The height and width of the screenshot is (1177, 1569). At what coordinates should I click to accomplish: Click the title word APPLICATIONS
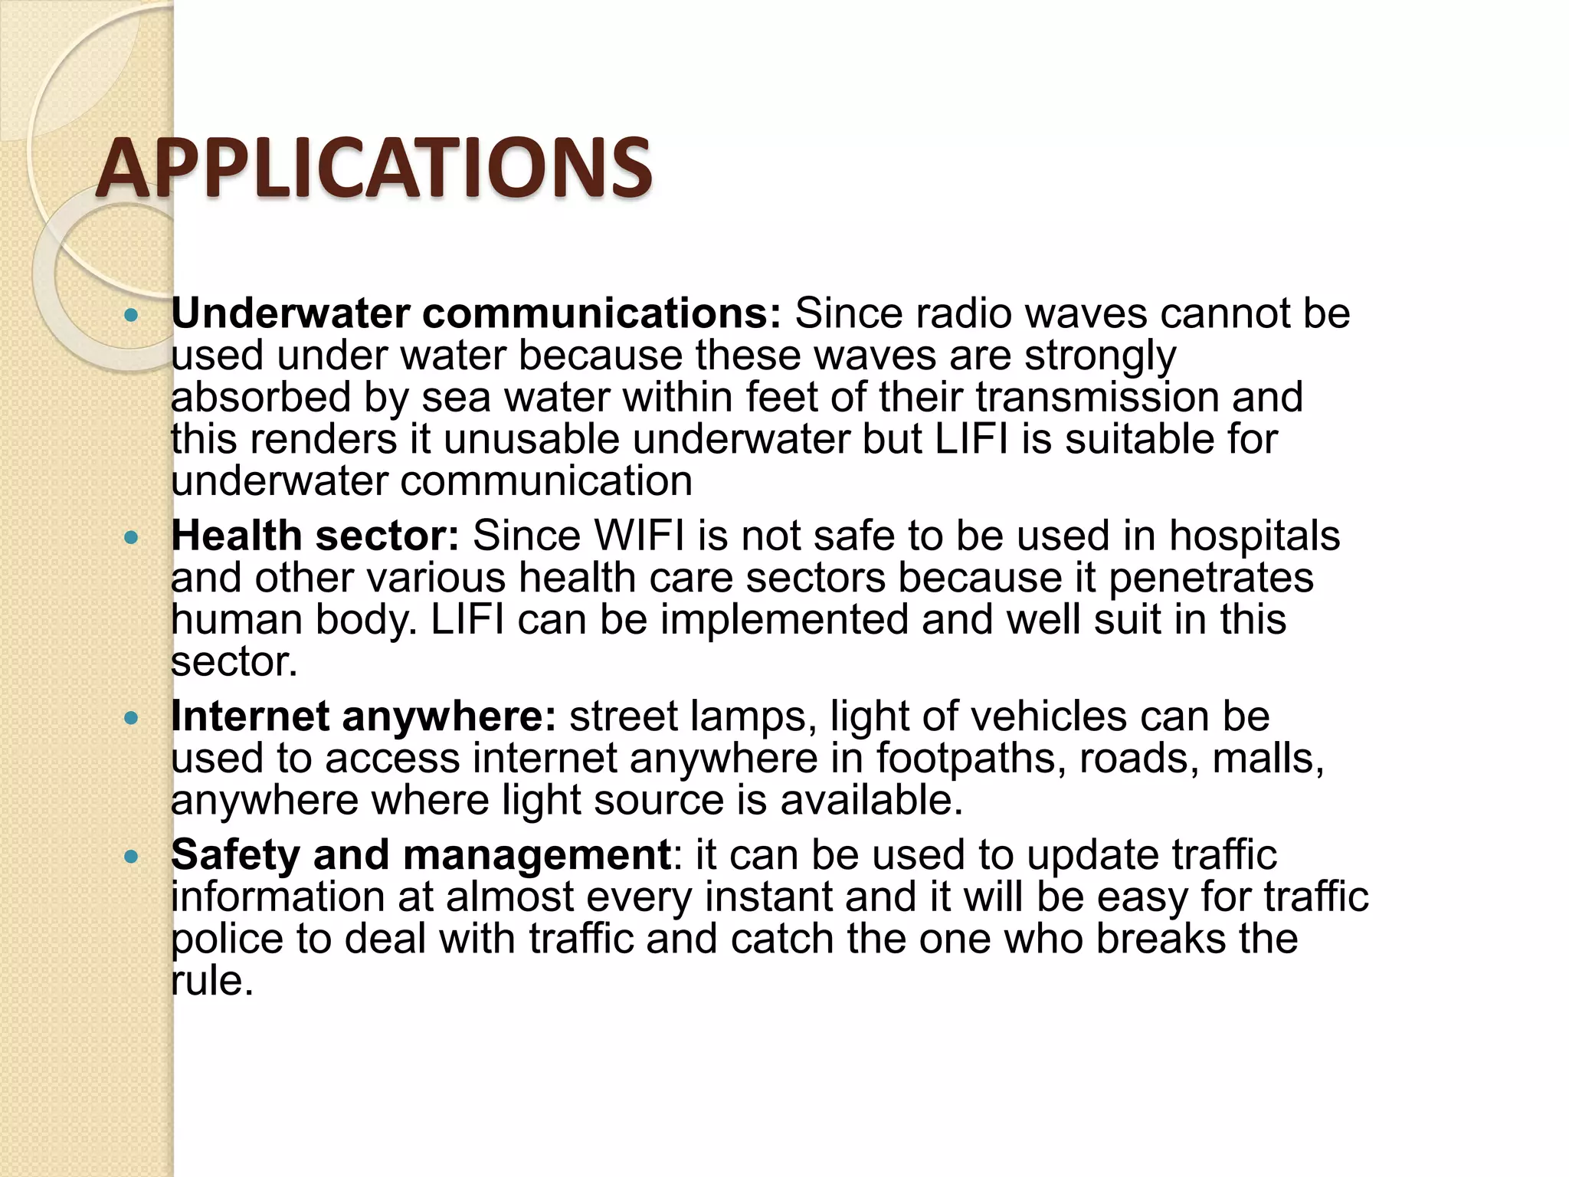[x=374, y=168]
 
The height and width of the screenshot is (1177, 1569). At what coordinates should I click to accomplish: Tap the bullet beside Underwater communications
[x=132, y=315]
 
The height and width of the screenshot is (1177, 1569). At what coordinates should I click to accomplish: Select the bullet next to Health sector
[x=132, y=538]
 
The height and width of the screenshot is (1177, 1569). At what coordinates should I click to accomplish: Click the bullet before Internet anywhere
[x=132, y=718]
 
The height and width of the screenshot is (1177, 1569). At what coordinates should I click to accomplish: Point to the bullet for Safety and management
[x=132, y=857]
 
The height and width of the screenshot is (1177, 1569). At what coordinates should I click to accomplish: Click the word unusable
[x=532, y=440]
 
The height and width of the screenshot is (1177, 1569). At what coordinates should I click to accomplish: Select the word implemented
[x=784, y=620]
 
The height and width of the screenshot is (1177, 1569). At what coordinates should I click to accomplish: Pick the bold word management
[x=537, y=856]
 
